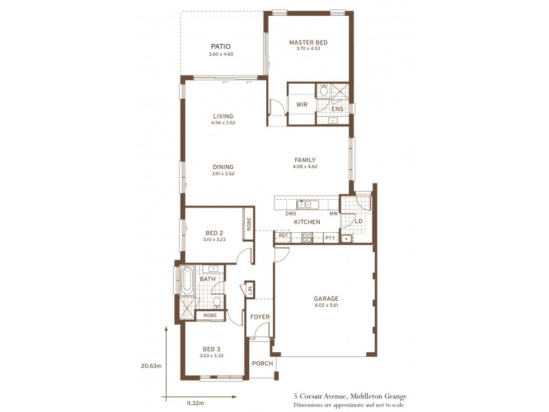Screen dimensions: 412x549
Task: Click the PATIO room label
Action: click(x=220, y=46)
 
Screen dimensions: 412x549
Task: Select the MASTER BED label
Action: click(x=308, y=42)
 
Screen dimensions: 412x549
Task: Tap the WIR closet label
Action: click(x=301, y=104)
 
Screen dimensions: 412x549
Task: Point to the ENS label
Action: click(x=337, y=109)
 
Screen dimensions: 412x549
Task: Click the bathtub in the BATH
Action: click(x=187, y=280)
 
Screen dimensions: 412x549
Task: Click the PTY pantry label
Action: click(x=330, y=238)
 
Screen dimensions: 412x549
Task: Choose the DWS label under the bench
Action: click(x=290, y=214)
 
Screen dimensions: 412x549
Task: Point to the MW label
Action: click(x=333, y=214)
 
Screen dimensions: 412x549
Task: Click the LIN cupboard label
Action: click(x=250, y=290)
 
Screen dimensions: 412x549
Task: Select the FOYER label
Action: click(x=259, y=317)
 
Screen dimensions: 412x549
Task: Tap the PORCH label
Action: click(x=262, y=363)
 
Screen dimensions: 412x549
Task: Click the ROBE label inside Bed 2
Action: click(x=248, y=223)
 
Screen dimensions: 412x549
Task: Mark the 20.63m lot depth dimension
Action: click(x=151, y=366)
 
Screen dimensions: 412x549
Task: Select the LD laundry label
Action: click(x=358, y=221)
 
